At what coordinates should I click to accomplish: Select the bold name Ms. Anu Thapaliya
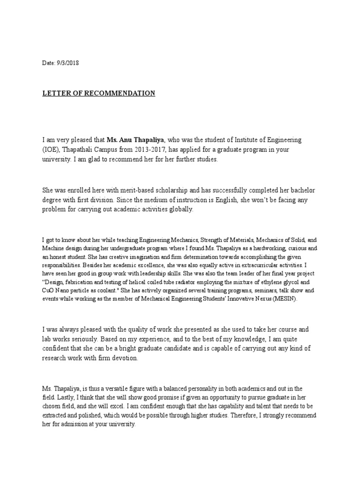[136, 140]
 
